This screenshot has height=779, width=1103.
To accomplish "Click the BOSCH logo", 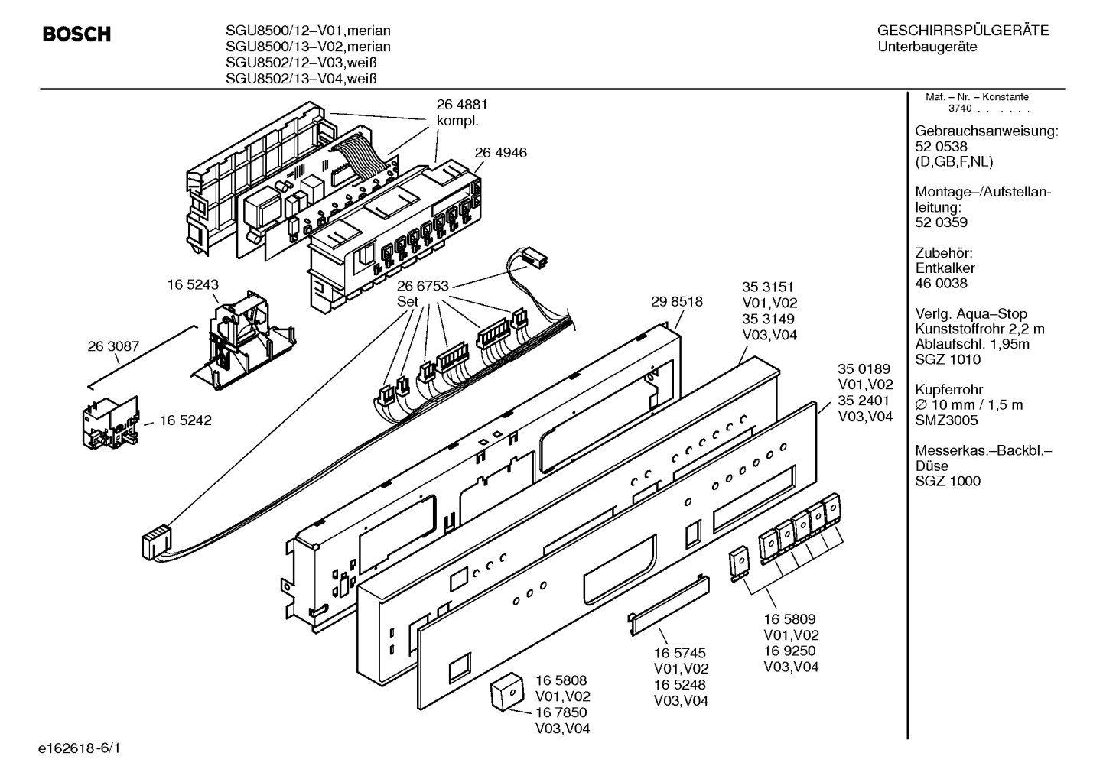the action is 76,34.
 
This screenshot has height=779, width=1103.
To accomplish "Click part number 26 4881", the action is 462,105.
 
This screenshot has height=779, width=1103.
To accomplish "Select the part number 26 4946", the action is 500,153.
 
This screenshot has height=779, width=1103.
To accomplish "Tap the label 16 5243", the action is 193,285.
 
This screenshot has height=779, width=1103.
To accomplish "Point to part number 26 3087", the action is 113,346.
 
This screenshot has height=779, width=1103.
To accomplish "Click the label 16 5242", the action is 186,420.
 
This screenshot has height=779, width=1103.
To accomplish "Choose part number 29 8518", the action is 677,302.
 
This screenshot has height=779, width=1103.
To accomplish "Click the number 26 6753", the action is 423,286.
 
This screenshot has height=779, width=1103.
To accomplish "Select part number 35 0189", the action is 864,368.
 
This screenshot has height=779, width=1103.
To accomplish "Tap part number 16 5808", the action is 561,680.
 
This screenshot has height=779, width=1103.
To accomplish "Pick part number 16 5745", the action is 679,653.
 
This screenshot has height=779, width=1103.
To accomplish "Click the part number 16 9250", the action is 790,651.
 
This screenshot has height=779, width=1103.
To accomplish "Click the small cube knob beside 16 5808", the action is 506,692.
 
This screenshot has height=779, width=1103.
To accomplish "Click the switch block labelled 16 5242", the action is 110,424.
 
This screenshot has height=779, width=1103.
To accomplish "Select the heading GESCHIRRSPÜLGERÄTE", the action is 963,31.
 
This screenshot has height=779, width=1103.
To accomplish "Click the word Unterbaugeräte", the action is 927,47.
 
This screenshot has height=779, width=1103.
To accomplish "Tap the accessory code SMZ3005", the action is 946,420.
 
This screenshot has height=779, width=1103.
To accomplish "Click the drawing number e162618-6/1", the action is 80,748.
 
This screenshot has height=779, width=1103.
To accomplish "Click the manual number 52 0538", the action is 941,147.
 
